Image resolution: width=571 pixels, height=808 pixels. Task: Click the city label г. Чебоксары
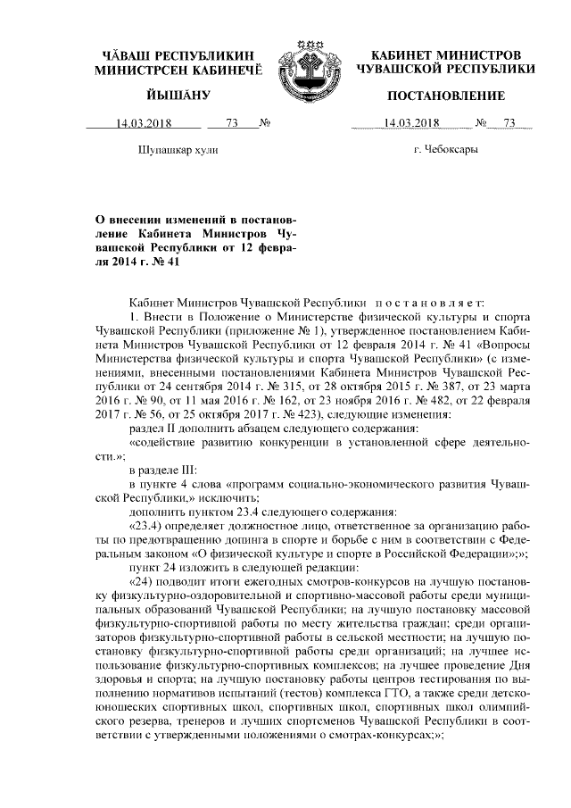click(x=445, y=149)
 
